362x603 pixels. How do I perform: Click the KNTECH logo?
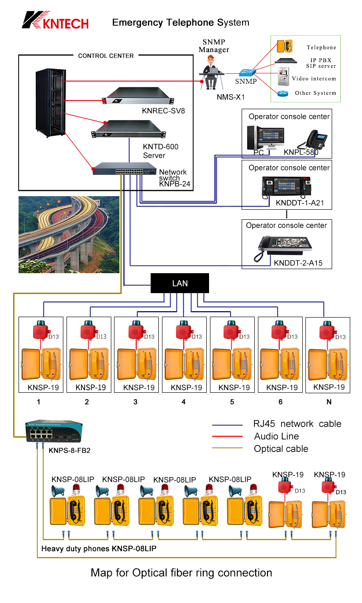coord(56,20)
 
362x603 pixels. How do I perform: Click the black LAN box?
coord(180,284)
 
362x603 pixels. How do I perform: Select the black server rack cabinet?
coord(49,103)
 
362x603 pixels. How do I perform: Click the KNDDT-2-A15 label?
coord(298,263)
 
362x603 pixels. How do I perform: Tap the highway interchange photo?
coord(69,234)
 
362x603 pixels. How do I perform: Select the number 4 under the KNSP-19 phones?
coord(183,401)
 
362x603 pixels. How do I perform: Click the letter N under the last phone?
coord(329,401)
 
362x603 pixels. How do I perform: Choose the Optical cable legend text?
coord(281,449)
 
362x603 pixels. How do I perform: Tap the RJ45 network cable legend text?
coord(297,424)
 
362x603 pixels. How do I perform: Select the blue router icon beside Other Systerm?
coord(283,93)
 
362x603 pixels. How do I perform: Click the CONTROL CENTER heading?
coord(106,56)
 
